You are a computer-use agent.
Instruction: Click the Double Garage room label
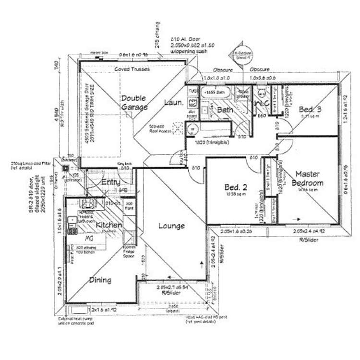pos(134,103)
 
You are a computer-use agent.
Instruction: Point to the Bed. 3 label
pos(309,109)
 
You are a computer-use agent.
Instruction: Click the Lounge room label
pos(171,226)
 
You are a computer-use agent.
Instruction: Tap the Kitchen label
pos(108,225)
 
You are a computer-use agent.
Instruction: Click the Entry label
pos(111,182)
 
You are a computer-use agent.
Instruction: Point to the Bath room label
pos(225,110)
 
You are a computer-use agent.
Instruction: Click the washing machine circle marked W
pos(192,129)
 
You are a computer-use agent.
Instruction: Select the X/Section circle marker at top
pos(240,56)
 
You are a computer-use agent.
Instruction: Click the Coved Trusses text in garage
pos(132,69)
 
